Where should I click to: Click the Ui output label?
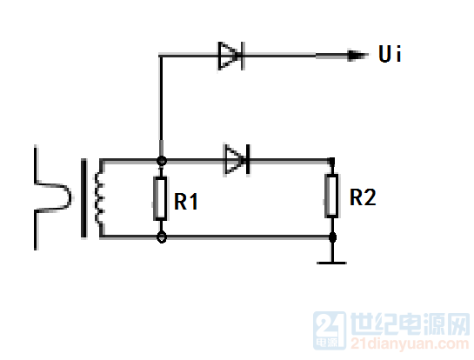point(390,54)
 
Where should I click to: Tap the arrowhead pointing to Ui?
point(357,56)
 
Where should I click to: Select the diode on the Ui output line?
point(231,56)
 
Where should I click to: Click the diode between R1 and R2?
point(237,160)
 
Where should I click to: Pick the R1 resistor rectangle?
point(160,198)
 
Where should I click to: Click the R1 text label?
point(186,202)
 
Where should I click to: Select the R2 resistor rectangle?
point(331,196)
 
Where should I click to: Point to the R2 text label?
point(363,197)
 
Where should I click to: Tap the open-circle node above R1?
point(162,161)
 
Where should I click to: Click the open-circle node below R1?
point(162,237)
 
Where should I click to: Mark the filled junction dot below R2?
point(332,237)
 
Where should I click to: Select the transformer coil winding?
point(99,198)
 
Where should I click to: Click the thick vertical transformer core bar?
point(83,198)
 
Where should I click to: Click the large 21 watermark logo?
point(330,330)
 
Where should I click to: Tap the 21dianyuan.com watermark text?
point(410,343)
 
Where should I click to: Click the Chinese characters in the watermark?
point(410,324)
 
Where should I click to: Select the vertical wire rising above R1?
point(161,106)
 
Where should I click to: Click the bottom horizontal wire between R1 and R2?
point(248,237)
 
